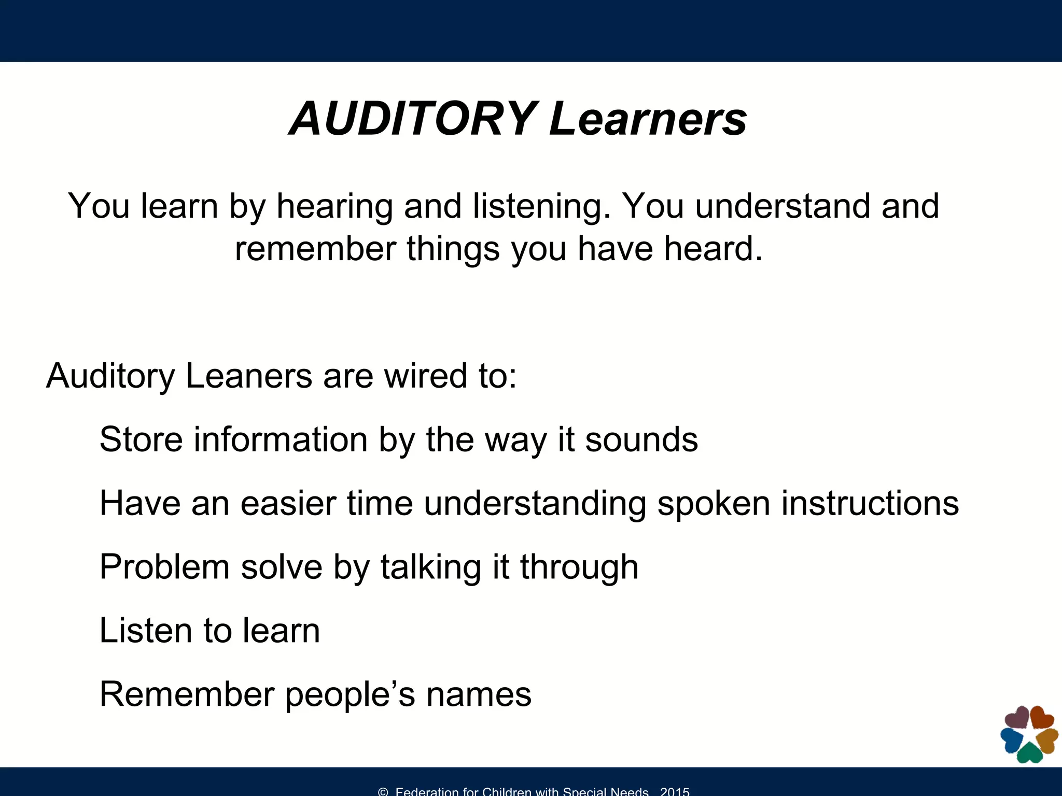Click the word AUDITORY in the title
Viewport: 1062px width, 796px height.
pyautogui.click(x=413, y=119)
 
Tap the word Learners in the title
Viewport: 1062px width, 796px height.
pyautogui.click(x=648, y=119)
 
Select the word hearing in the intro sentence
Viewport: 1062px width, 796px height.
pyautogui.click(x=334, y=206)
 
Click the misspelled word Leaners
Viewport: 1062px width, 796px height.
pyautogui.click(x=248, y=375)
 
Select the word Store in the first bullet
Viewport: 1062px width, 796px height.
pyautogui.click(x=141, y=439)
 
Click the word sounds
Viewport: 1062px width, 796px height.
pyautogui.click(x=641, y=439)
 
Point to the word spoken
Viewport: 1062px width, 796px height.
pyautogui.click(x=714, y=503)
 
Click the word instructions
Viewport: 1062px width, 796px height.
pyautogui.click(x=870, y=503)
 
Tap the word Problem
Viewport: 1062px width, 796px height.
pyautogui.click(x=164, y=567)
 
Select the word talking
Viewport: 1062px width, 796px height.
pyautogui.click(x=431, y=567)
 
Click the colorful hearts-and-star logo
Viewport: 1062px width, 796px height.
pyautogui.click(x=1029, y=735)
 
